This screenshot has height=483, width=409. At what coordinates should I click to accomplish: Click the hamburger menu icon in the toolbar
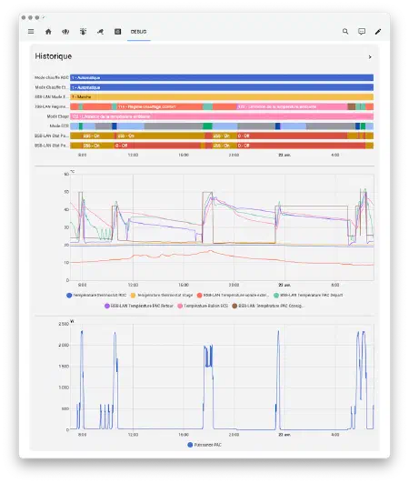click(x=30, y=31)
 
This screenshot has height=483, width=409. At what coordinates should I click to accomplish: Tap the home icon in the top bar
click(x=48, y=31)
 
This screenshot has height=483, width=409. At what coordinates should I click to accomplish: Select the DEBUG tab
click(x=138, y=31)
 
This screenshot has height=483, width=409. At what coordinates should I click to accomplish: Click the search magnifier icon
click(x=345, y=31)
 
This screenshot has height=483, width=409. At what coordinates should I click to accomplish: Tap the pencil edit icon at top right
click(x=378, y=31)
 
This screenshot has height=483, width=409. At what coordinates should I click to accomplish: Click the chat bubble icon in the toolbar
click(x=362, y=31)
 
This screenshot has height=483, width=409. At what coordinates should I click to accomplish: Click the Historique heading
click(x=54, y=56)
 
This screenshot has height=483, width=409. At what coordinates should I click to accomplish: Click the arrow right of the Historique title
click(x=369, y=57)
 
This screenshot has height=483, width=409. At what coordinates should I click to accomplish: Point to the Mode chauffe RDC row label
click(x=51, y=78)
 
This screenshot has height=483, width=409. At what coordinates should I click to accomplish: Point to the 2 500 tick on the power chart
click(x=63, y=323)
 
